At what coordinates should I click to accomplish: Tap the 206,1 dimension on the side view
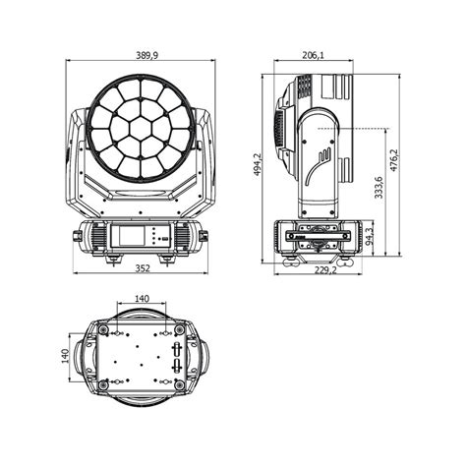(313, 56)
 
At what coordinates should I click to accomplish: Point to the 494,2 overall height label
(257, 163)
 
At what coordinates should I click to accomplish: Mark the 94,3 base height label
(369, 239)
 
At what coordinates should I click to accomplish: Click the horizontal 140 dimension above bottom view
(141, 298)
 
